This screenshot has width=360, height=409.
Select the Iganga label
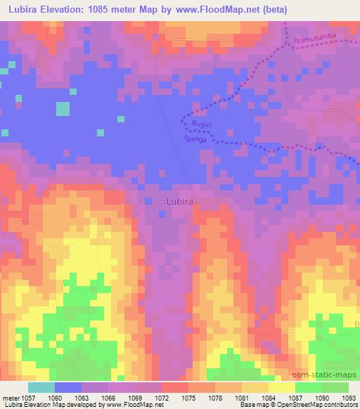[196, 139]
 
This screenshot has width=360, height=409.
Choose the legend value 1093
[349, 398]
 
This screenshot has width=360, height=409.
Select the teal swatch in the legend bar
[41, 387]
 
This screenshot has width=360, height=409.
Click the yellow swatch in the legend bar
[281, 387]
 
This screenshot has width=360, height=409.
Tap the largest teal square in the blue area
[63, 109]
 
